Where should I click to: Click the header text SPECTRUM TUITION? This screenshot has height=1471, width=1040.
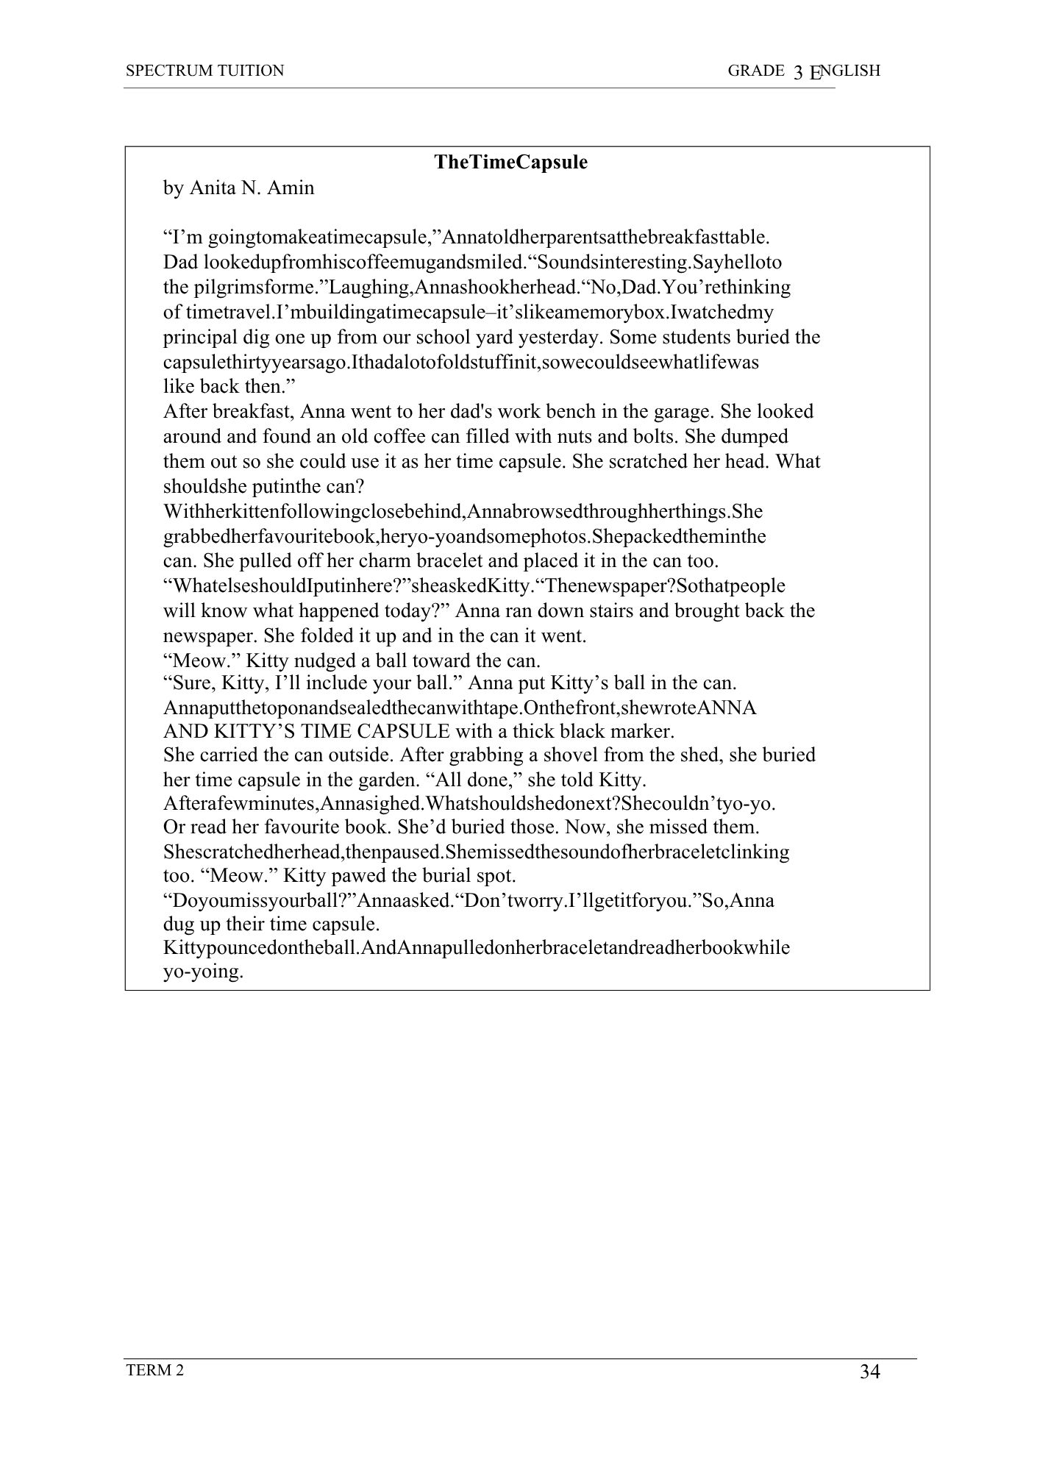pos(204,71)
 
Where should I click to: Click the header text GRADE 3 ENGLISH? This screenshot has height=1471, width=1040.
pos(803,71)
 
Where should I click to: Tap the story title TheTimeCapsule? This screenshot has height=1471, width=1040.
pos(510,163)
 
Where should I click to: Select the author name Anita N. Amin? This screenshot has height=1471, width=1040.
pos(252,188)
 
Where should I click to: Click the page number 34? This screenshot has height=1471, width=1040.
pos(869,1372)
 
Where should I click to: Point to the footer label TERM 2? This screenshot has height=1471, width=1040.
pos(154,1370)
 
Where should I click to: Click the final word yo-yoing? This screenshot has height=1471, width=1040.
pos(203,972)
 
